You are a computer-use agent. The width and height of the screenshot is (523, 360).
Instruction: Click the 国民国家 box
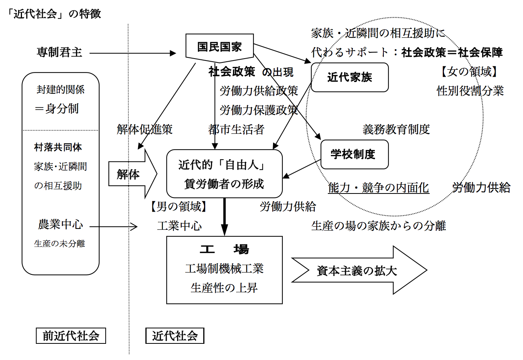[x=219, y=47]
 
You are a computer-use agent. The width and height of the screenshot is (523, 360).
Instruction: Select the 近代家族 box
[x=349, y=77]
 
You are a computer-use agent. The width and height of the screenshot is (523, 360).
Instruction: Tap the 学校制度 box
[x=354, y=155]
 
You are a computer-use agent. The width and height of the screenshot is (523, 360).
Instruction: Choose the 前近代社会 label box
[x=71, y=336]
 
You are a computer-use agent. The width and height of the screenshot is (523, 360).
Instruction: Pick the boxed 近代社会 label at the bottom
[x=175, y=336]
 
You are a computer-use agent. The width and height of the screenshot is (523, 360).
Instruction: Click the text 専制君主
[x=59, y=52]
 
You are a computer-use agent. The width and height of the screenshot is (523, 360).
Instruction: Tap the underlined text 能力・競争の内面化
[x=378, y=188]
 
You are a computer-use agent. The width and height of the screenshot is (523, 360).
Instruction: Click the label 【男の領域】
[x=179, y=207]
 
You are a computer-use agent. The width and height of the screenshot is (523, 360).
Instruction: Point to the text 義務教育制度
[x=396, y=130]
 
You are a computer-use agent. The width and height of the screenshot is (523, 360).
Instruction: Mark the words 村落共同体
[x=58, y=147]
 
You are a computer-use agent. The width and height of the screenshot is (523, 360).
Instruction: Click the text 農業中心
[x=61, y=224]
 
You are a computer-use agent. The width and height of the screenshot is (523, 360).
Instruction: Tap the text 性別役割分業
[x=470, y=91]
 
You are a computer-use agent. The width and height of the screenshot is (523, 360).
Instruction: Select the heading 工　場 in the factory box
[x=224, y=249]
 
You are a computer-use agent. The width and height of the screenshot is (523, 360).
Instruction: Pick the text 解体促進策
[x=145, y=130]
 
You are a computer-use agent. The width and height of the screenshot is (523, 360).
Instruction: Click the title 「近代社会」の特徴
[x=54, y=14]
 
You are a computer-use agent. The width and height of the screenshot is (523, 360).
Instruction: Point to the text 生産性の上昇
[x=224, y=288]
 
